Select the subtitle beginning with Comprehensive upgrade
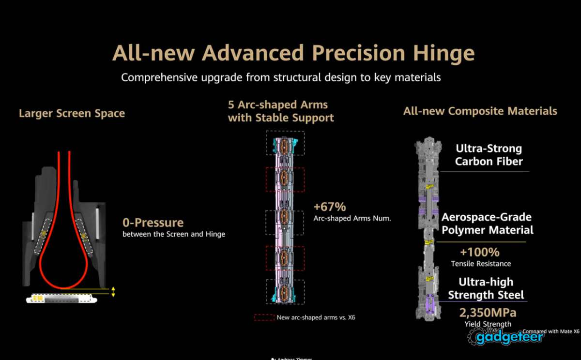click(281, 77)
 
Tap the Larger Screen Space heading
click(72, 114)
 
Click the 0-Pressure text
click(153, 223)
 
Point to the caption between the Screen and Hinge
click(173, 235)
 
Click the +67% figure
click(330, 207)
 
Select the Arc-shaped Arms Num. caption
click(352, 219)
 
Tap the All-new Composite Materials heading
click(480, 111)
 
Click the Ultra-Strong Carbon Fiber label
click(489, 155)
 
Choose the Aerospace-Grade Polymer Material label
click(487, 224)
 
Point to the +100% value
click(479, 252)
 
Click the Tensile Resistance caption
click(481, 264)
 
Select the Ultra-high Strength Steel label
click(486, 288)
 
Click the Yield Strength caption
click(488, 324)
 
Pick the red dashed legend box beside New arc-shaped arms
click(263, 318)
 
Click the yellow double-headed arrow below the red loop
click(113, 291)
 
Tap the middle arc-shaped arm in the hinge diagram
click(285, 215)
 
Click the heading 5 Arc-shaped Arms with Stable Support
click(281, 111)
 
